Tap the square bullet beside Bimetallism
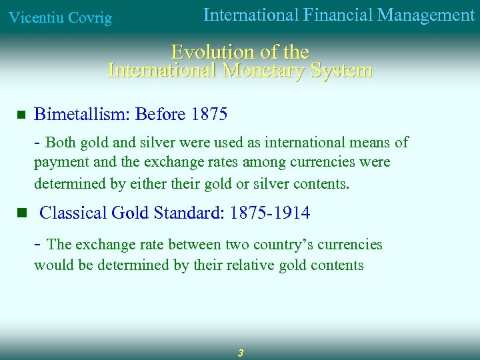point(21,115)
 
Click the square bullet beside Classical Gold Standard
point(21,213)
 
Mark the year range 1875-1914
point(269,213)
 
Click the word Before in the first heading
point(160,115)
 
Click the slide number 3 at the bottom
point(241,353)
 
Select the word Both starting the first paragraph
point(60,143)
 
